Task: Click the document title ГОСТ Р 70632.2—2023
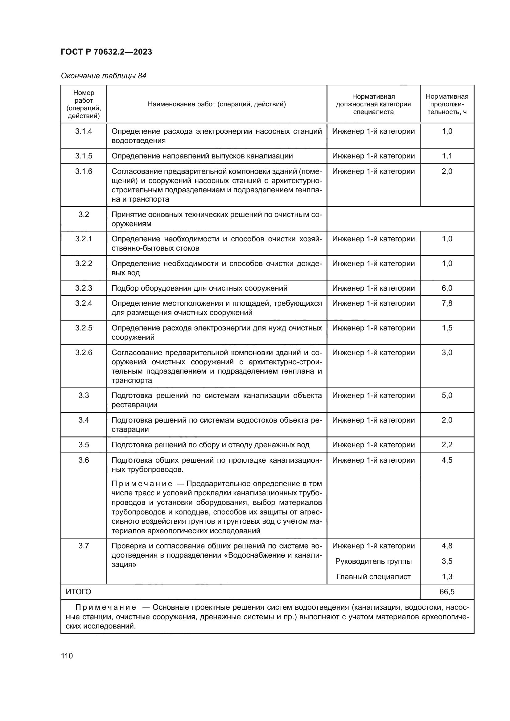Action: coord(106,52)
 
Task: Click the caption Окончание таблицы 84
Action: coord(103,76)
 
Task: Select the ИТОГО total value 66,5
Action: coord(446,592)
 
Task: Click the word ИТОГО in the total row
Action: coord(79,592)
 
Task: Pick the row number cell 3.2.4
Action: coord(84,303)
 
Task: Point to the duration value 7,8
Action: coord(446,303)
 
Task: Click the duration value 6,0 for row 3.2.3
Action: coord(446,288)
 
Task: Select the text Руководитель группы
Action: coord(373,561)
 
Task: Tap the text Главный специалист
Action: coord(373,576)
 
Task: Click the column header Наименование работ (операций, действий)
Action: coord(217,104)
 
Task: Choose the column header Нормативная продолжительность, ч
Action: coord(446,104)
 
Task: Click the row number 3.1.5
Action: coord(84,156)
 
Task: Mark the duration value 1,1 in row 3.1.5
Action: coord(446,156)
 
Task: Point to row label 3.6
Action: coord(84,460)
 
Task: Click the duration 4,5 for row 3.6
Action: coord(446,460)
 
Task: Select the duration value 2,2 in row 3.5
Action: coord(446,445)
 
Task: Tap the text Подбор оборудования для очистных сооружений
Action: coord(199,288)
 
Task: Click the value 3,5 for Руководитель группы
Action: coord(446,561)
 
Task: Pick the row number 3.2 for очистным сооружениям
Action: coord(84,215)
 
